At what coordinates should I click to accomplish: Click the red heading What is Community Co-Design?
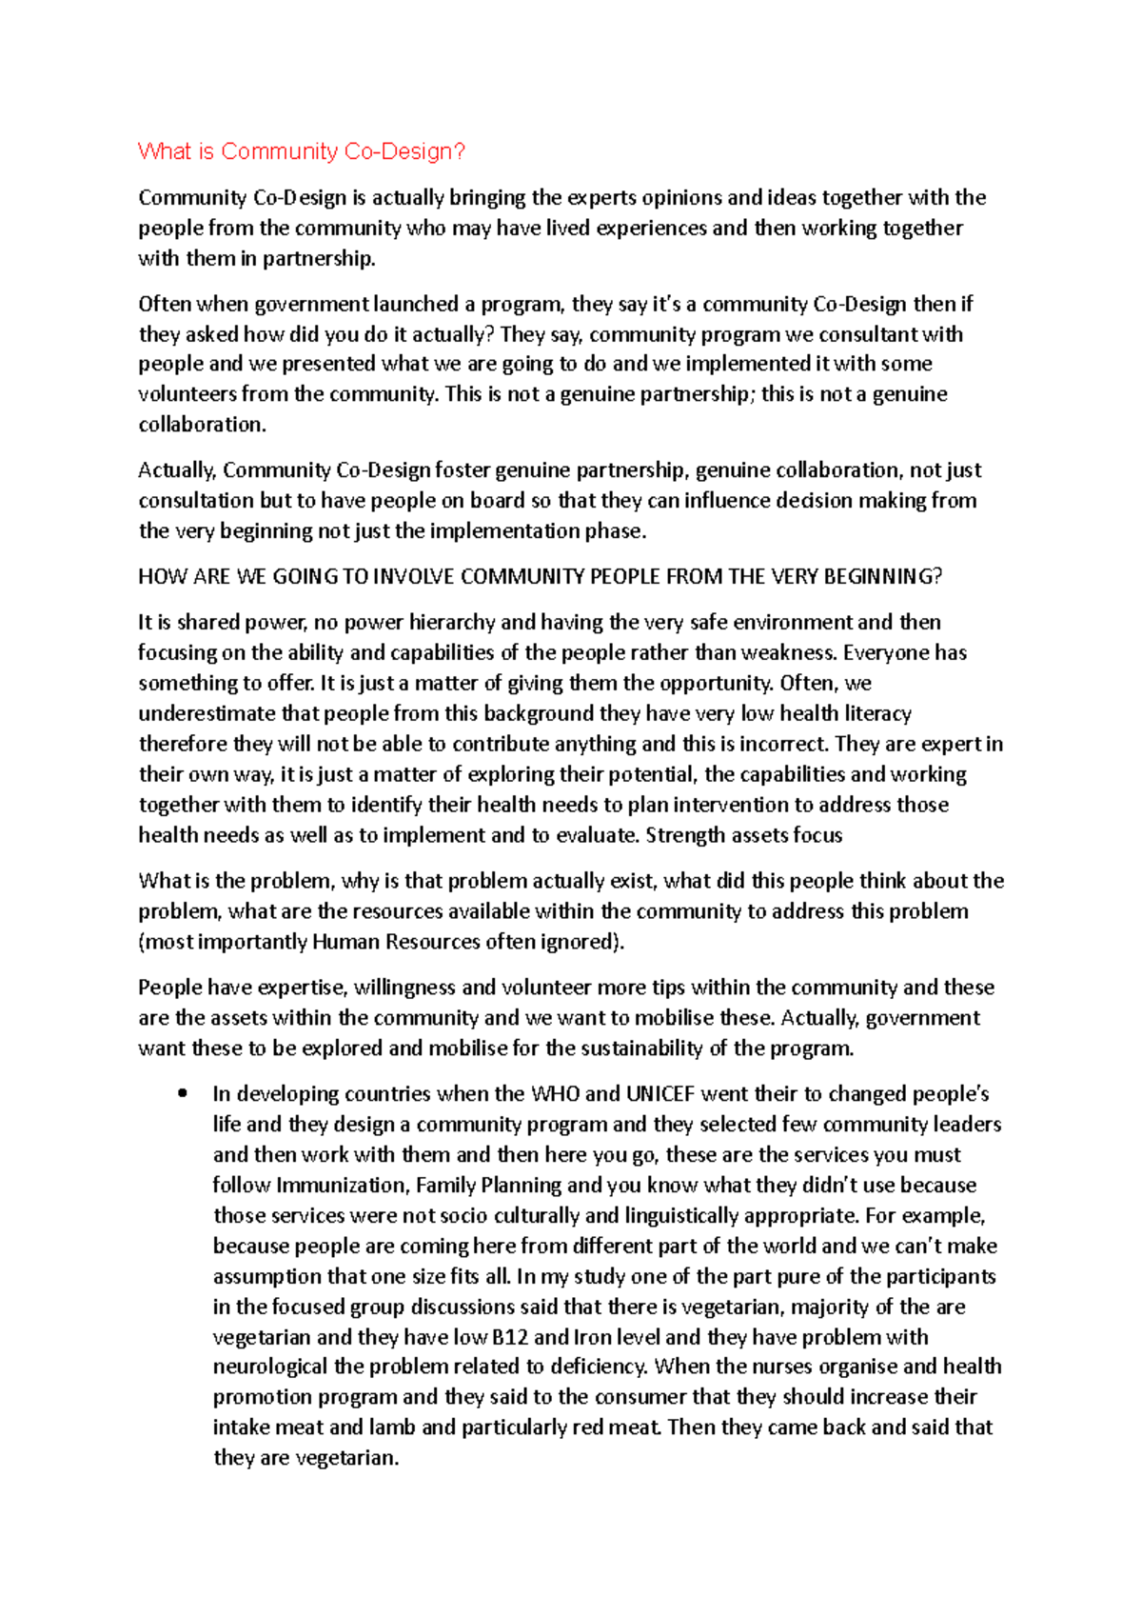pyautogui.click(x=301, y=151)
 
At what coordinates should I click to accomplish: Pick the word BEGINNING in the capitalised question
pyautogui.click(x=882, y=577)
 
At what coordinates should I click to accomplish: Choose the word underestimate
pyautogui.click(x=204, y=714)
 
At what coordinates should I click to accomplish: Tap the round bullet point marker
pyautogui.click(x=182, y=1093)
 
